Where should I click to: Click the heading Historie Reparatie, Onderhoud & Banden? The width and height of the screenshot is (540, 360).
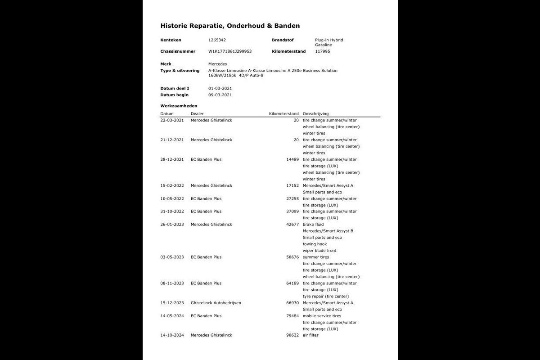(x=230, y=26)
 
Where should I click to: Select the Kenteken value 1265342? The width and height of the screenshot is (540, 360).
(x=217, y=40)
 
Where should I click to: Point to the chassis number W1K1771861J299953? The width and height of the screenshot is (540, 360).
(x=230, y=51)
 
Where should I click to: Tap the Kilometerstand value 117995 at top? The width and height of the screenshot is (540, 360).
(x=323, y=51)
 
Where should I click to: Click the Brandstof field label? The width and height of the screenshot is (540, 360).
(x=283, y=40)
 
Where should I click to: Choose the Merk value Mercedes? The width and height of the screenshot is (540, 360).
(x=218, y=64)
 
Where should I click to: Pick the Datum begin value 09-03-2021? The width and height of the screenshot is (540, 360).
(x=220, y=95)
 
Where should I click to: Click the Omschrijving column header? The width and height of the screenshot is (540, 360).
(x=315, y=114)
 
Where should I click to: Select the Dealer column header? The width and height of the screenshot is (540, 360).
(x=197, y=114)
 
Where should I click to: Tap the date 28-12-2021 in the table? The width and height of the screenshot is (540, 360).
(x=172, y=160)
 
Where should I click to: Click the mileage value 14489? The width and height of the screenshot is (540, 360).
(x=292, y=160)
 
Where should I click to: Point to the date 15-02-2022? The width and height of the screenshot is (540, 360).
(x=172, y=186)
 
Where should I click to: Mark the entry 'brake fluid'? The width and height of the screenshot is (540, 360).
(x=313, y=225)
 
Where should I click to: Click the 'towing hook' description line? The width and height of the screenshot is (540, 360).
(x=315, y=244)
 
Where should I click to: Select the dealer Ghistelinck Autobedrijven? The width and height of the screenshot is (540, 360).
(x=216, y=303)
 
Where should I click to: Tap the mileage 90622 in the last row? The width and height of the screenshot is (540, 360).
(x=292, y=335)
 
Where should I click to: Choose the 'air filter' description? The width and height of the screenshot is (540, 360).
(x=310, y=335)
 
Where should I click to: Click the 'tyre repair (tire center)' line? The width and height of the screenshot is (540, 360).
(x=326, y=297)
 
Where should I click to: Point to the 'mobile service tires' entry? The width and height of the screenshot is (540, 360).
(x=322, y=316)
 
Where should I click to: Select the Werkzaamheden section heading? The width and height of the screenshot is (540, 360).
(x=179, y=106)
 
